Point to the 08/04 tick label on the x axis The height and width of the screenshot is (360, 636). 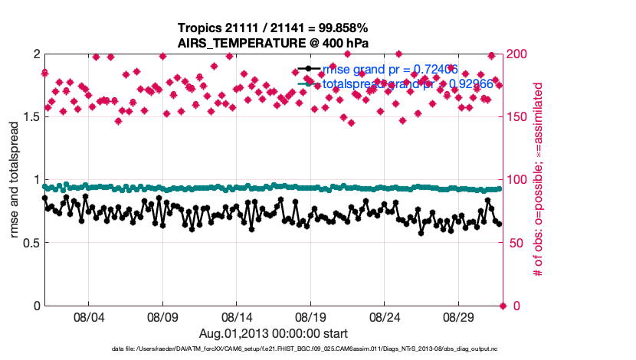[x=88, y=316]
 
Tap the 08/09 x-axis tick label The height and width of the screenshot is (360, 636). [x=162, y=316]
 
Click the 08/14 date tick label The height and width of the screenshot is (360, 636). [x=237, y=316]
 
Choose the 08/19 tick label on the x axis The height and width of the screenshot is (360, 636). [x=311, y=316]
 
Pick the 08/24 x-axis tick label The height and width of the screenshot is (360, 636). [x=385, y=316]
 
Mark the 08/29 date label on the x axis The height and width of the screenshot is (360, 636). [x=460, y=316]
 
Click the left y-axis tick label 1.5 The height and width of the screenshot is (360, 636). [x=28, y=117]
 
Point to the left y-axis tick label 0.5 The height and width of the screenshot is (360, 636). [x=28, y=243]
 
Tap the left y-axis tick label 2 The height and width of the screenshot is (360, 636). [x=35, y=54]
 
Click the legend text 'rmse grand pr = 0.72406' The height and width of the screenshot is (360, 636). [x=391, y=70]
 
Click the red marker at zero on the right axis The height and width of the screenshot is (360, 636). [x=503, y=306]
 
